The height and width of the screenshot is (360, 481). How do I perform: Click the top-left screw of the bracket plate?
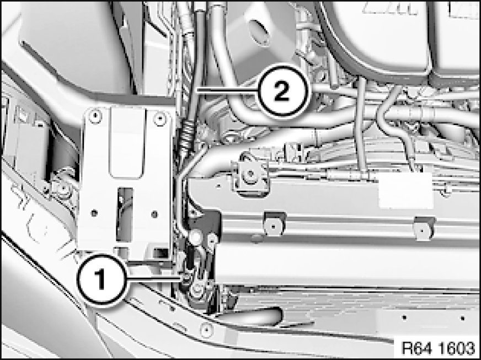95,116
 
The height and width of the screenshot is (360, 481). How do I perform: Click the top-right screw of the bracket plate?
160,119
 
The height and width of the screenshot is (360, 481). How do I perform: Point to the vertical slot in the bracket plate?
125,214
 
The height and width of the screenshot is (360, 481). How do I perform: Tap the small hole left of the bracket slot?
94,212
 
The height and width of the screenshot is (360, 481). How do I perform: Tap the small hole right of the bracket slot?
154,213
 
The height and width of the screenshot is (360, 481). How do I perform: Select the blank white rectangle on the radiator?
405,190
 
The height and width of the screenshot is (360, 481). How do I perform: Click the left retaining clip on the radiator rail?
274,224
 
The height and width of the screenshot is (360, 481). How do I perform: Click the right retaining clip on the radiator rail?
425,228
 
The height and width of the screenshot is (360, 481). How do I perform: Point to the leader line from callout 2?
227,90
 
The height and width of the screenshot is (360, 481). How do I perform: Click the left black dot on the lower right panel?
405,317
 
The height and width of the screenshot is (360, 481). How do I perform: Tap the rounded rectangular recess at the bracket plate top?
127,143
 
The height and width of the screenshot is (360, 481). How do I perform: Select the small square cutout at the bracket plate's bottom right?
161,252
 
